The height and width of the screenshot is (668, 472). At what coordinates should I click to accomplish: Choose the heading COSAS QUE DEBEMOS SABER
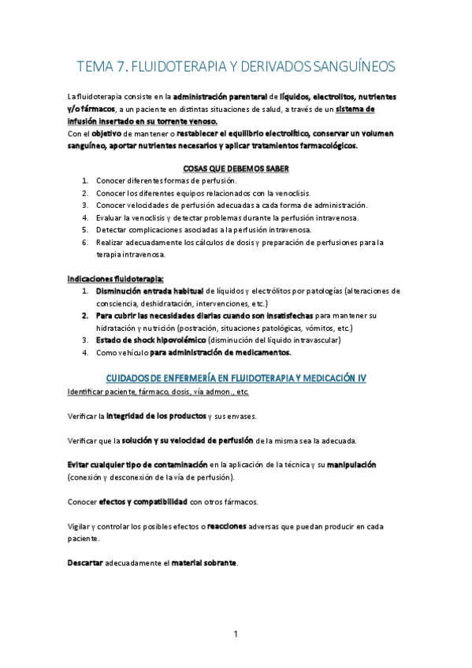point(236,169)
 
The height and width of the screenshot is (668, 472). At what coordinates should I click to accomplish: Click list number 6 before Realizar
point(85,243)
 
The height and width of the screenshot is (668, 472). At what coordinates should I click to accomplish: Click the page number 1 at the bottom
point(236,634)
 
